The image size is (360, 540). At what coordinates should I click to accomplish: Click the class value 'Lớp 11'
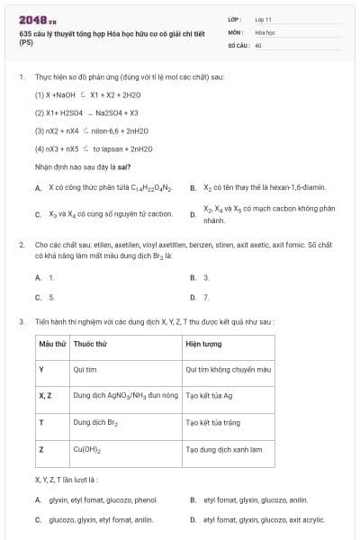pos(265,19)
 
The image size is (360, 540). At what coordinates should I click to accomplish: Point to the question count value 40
pos(258,44)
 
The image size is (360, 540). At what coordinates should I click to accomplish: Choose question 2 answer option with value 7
pos(206,296)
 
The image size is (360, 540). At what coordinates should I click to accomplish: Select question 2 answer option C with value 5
pos(51,296)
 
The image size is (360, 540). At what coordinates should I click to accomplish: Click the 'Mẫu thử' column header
pos(52,344)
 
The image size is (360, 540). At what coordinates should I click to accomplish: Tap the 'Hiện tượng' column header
pos(204,344)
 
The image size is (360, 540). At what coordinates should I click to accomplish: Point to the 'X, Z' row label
pos(46,395)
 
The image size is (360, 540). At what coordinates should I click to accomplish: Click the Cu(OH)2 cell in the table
pos(87,448)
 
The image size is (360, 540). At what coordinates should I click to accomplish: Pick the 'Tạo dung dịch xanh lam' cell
pos(223,448)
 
